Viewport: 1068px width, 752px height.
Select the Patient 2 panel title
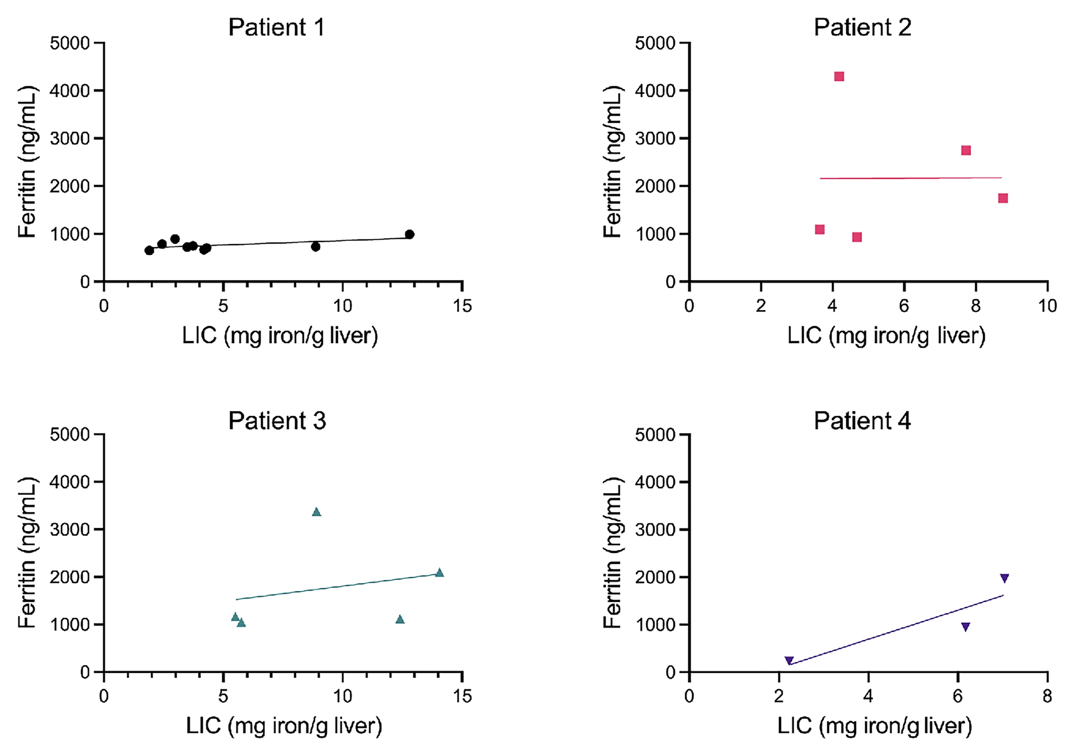[x=862, y=28]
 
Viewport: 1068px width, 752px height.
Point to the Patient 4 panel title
[x=862, y=421]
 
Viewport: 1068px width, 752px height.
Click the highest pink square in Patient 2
[x=839, y=77]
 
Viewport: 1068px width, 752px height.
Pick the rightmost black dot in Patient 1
[x=409, y=234]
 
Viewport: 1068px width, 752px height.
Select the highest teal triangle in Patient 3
[x=316, y=512]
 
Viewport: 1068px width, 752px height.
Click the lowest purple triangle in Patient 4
[x=789, y=660]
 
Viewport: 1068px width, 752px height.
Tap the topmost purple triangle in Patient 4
[x=1004, y=578]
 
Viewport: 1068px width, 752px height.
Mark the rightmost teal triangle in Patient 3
[x=439, y=573]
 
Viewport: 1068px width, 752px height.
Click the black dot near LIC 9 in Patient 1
[x=316, y=247]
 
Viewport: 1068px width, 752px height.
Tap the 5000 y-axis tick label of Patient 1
[x=70, y=43]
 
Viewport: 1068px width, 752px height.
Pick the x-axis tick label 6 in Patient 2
[x=904, y=306]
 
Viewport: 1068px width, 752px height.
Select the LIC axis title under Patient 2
[x=886, y=336]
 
